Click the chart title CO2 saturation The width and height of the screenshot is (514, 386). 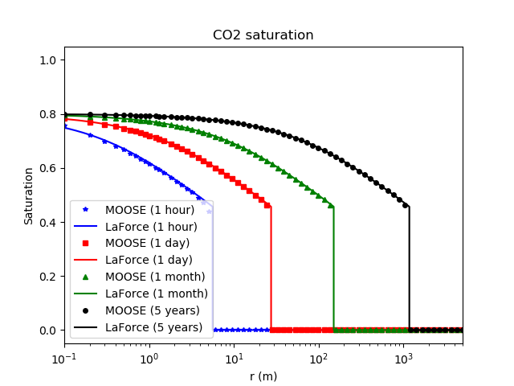point(263,35)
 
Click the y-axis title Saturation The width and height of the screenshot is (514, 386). point(29,195)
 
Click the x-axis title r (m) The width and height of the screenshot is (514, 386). point(263,376)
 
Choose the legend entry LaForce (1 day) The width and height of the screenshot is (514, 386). point(149,260)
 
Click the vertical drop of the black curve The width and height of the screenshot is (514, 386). point(410,269)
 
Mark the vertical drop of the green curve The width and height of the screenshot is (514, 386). point(333,269)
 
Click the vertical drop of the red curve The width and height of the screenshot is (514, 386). point(271,269)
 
